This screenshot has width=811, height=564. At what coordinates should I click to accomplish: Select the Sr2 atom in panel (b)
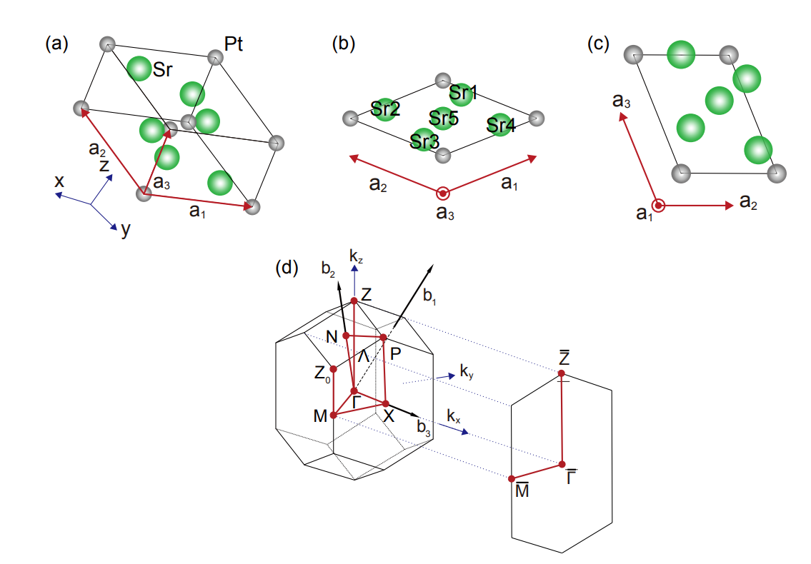coord(385,109)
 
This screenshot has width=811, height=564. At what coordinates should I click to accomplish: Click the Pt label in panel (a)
coord(233,45)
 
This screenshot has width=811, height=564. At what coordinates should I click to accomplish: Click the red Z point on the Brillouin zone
coord(354,301)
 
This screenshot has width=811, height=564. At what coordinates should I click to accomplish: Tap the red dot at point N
coord(346,335)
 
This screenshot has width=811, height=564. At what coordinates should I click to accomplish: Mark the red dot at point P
coord(383,337)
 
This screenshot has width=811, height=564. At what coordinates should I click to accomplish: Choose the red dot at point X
coord(386,403)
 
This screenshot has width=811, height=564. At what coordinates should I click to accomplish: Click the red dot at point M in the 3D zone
coord(333,415)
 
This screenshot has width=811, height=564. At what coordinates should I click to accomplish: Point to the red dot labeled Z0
coord(333,369)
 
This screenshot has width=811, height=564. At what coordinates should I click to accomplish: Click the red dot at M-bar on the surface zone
coord(512,478)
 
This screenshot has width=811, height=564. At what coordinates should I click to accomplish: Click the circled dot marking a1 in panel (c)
coord(659,206)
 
